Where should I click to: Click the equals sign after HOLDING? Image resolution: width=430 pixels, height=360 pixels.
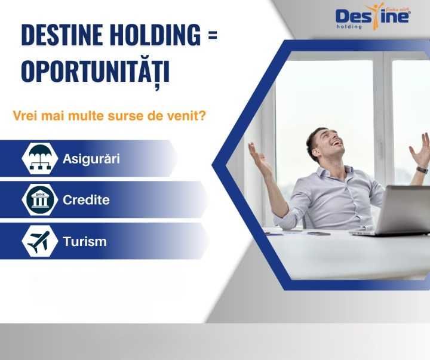tap(212, 36)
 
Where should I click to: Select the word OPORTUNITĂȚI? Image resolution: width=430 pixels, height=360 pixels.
tap(96, 71)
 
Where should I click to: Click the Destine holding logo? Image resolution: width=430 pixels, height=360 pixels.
tap(372, 16)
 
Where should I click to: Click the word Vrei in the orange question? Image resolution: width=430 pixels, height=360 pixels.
tap(25, 115)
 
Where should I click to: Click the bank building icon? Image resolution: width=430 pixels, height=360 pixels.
tap(39, 200)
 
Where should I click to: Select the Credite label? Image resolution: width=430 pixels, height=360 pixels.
tap(86, 200)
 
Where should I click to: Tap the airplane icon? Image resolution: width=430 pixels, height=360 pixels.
tap(39, 242)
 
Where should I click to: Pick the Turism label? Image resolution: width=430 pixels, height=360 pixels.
tap(84, 242)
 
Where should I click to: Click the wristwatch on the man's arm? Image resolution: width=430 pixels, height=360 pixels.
tap(422, 170)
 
